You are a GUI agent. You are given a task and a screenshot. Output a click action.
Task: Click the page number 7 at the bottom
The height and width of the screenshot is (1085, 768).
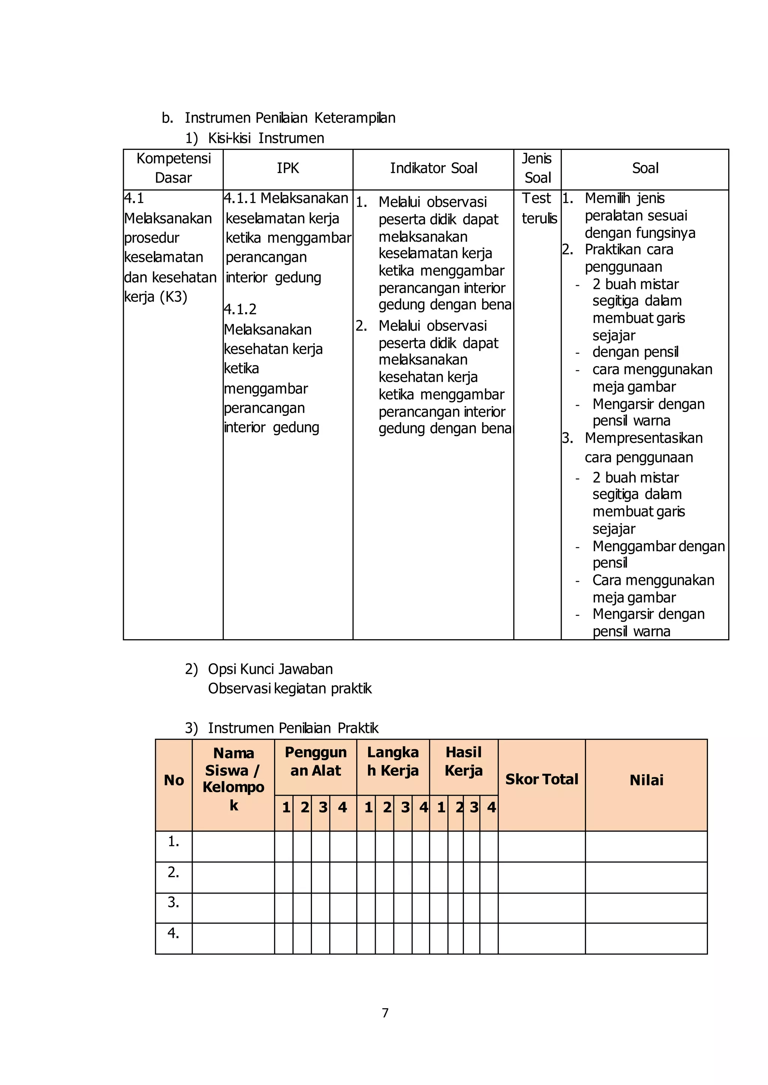[x=385, y=1013]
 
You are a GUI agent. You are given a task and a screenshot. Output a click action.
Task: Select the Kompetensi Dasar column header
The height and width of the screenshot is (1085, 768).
[x=174, y=168]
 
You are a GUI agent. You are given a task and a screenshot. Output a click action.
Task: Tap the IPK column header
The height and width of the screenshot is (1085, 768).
[x=288, y=168]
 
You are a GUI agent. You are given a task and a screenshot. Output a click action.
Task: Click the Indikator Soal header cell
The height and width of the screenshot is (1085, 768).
[x=433, y=168]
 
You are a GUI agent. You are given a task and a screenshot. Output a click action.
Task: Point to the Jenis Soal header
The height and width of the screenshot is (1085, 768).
[x=537, y=168]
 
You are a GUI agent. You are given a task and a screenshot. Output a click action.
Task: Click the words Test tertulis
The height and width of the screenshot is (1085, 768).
[x=538, y=208]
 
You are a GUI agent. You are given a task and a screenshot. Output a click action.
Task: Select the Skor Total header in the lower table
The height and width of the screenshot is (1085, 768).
[x=541, y=779]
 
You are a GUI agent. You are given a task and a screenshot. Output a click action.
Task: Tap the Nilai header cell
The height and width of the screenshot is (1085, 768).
[x=646, y=780]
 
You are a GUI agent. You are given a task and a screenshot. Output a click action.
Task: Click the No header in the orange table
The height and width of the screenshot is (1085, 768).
[x=174, y=780]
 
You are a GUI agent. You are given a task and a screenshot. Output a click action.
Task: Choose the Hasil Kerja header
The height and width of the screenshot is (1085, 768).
[x=463, y=761]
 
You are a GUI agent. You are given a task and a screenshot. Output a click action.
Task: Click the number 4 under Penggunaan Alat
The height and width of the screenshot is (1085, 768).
[x=342, y=807]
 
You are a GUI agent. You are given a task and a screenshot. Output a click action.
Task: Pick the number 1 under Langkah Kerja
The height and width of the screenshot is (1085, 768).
[x=368, y=807]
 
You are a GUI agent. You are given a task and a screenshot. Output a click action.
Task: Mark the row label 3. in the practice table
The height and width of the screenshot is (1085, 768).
[x=174, y=902]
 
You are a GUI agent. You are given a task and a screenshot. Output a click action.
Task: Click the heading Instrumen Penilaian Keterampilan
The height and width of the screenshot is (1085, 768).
[x=289, y=118]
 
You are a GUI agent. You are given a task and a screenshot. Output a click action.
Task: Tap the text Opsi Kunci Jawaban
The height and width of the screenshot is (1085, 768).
[x=270, y=669]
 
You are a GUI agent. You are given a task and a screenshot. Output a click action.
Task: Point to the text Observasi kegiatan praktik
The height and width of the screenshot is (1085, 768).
[x=289, y=689]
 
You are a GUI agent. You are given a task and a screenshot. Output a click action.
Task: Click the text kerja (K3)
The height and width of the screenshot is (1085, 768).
[x=156, y=297]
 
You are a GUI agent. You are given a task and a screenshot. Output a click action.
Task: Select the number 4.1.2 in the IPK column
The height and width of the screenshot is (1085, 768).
[x=240, y=309]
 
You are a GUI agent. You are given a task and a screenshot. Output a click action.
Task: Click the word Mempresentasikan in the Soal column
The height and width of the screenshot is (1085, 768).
[x=643, y=438]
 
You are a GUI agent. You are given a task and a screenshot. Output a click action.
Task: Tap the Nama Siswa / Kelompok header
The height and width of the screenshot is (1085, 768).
[x=233, y=779]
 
